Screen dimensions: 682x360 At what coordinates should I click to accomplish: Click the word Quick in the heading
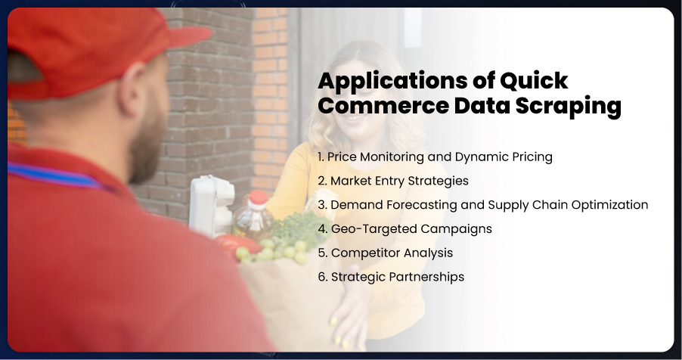pyautogui.click(x=534, y=81)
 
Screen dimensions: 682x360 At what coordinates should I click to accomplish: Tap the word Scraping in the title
pyautogui.click(x=568, y=107)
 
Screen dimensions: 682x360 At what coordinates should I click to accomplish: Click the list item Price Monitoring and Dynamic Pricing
pyautogui.click(x=435, y=157)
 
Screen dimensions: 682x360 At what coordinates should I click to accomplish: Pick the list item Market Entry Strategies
pyautogui.click(x=393, y=181)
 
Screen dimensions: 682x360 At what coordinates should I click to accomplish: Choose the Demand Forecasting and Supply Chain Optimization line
pyautogui.click(x=483, y=205)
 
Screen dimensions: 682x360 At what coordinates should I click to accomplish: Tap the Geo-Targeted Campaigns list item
pyautogui.click(x=405, y=229)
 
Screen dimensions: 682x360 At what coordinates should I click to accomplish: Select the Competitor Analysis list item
pyautogui.click(x=386, y=253)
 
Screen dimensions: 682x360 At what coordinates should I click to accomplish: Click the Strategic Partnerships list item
pyautogui.click(x=391, y=277)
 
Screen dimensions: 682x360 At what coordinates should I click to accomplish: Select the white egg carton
pyautogui.click(x=212, y=206)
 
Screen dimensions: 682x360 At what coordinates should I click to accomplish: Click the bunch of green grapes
pyautogui.click(x=272, y=251)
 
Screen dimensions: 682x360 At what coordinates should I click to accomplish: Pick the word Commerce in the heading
pyautogui.click(x=383, y=106)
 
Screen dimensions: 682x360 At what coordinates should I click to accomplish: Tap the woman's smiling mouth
pyautogui.click(x=356, y=117)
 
